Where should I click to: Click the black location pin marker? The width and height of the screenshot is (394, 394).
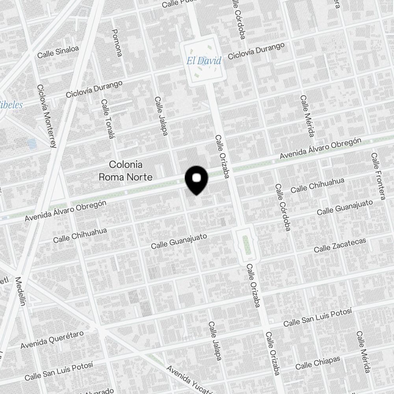click(196, 180)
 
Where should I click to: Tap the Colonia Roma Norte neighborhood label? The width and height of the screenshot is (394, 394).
click(125, 171)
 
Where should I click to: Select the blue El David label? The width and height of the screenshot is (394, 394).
click(204, 61)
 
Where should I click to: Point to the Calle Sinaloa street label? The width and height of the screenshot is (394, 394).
click(58, 52)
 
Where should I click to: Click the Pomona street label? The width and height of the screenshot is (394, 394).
click(117, 43)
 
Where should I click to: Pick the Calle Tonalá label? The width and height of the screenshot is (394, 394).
click(107, 119)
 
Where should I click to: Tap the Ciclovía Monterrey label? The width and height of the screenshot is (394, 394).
click(46, 116)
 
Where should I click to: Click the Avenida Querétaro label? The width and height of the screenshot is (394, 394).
click(52, 339)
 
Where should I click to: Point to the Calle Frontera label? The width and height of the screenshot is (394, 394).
click(377, 176)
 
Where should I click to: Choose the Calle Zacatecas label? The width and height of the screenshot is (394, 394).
click(340, 245)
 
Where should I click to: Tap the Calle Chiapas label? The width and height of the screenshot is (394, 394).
click(318, 362)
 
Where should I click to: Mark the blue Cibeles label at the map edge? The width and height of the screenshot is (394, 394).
click(11, 105)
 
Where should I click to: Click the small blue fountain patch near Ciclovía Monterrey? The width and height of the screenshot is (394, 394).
click(32, 143)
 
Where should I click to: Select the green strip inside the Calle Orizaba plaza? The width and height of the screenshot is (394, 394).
click(247, 245)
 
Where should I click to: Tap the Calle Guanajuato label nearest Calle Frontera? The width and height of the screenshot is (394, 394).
click(345, 208)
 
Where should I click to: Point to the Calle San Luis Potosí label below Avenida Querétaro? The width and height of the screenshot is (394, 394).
click(59, 371)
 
